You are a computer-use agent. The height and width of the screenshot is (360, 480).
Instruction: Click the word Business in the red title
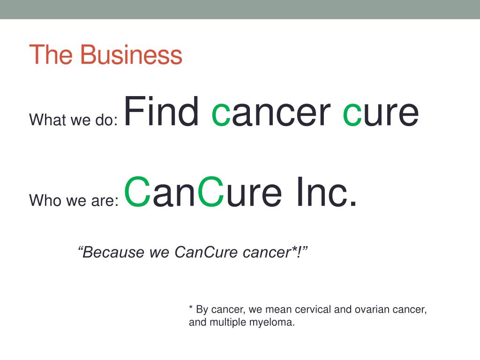click(x=131, y=54)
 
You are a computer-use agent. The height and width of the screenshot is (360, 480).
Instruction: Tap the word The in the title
click(x=51, y=54)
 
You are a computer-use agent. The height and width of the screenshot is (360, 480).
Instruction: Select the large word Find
click(x=161, y=111)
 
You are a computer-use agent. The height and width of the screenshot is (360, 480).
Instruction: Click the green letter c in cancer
click(x=221, y=114)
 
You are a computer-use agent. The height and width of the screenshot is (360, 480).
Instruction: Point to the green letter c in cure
click(x=352, y=114)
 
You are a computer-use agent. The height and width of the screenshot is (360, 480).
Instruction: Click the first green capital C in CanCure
click(x=137, y=192)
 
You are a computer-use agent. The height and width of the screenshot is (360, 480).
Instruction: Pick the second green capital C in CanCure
click(x=211, y=192)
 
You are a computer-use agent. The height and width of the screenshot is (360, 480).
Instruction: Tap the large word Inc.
click(x=326, y=192)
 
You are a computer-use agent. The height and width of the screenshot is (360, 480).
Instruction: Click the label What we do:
click(x=74, y=120)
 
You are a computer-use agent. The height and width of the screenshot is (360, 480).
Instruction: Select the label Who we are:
click(x=74, y=200)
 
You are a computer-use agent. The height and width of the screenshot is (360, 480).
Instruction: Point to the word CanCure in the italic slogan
click(x=206, y=252)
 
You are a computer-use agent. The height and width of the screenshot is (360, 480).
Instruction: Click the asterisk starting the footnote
click(x=191, y=307)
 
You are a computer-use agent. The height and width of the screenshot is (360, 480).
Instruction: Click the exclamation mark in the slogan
click(x=299, y=252)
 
